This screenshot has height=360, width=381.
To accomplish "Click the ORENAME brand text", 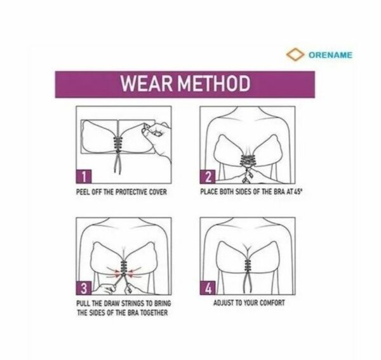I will click(330, 55).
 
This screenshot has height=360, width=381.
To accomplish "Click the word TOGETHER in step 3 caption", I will click(153, 312).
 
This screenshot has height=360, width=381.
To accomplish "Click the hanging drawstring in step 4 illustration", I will click(243, 283).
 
